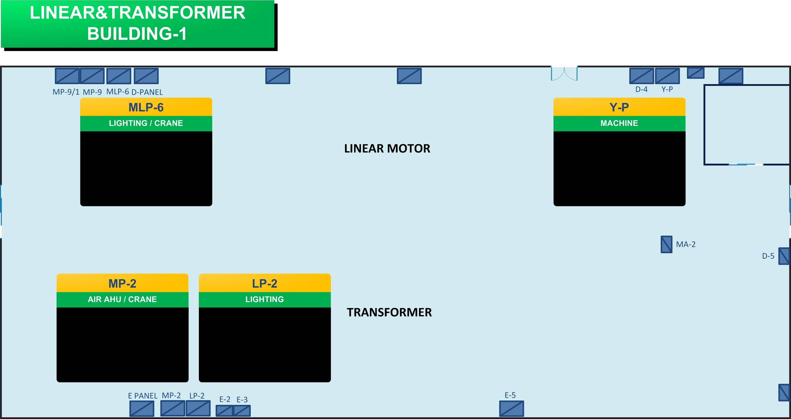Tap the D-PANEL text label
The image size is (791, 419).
147,92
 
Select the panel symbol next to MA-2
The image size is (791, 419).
666,244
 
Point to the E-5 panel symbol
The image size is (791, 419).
511,409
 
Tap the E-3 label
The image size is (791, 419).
242,400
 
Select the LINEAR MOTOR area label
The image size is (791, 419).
387,148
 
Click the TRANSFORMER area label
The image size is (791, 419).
389,312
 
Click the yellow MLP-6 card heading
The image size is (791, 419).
146,107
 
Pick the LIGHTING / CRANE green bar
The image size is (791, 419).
146,123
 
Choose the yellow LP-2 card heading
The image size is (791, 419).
265,283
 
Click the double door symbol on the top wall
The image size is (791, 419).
564,74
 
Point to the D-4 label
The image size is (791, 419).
642,89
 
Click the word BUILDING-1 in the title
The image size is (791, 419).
137,33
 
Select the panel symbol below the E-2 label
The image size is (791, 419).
225,411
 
